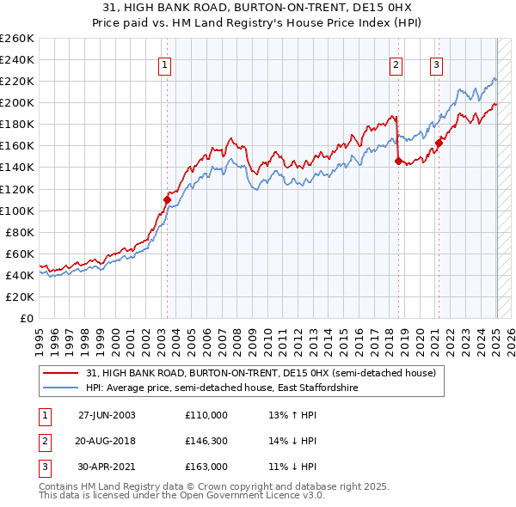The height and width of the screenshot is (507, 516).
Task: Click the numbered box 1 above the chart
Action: [163, 64]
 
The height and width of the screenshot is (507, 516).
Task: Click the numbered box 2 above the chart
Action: [396, 64]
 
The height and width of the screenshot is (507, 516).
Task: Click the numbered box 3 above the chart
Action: [437, 64]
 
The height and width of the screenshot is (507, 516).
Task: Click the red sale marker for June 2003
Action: [167, 199]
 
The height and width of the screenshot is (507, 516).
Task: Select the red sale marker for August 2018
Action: [398, 160]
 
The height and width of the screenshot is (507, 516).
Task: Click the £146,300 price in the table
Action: [206, 441]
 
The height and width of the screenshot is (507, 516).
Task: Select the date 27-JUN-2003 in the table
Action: [107, 415]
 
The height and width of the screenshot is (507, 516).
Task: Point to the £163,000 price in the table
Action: [206, 467]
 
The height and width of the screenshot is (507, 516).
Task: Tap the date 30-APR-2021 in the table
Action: [107, 467]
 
